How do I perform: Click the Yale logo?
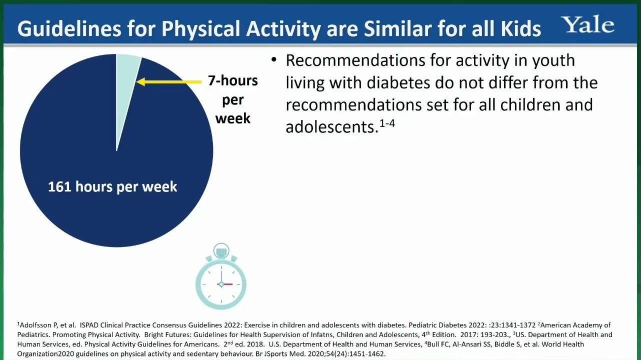pos(588,24)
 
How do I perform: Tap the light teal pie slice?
pos(125,86)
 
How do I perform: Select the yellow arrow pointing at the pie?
pos(169,82)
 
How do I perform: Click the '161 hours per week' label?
pos(112,186)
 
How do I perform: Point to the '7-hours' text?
pos(232,80)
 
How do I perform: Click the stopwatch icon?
pos(221,276)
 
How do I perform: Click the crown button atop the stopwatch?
pos(221,251)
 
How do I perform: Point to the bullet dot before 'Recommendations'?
pos(274,60)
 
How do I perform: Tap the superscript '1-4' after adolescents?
pos(387,123)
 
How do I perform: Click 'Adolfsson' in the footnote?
pos(36,325)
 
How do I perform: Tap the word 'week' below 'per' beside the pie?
pos(232,118)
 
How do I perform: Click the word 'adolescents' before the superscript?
pos(331,127)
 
